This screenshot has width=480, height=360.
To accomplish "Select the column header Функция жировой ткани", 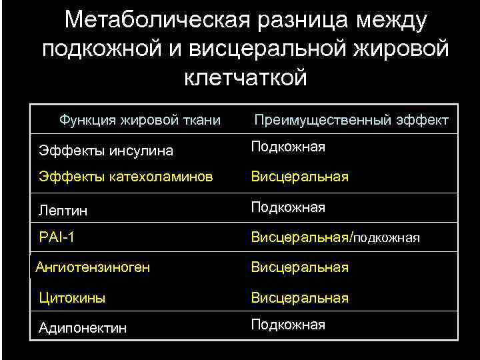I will pyautogui.click(x=140, y=120).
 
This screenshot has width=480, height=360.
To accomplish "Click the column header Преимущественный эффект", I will pyautogui.click(x=352, y=121).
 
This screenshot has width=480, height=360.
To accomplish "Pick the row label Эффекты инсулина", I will pyautogui.click(x=106, y=151).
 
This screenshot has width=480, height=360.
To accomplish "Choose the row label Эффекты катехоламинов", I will pyautogui.click(x=126, y=177).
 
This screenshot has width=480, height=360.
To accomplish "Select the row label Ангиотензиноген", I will pyautogui.click(x=93, y=267).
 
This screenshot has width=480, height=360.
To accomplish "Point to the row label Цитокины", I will pyautogui.click(x=72, y=298).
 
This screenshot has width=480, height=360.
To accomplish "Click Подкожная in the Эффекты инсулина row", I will pyautogui.click(x=288, y=147).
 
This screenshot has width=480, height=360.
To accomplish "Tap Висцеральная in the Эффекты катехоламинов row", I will pyautogui.click(x=299, y=177).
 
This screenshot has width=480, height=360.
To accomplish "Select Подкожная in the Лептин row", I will pyautogui.click(x=288, y=207).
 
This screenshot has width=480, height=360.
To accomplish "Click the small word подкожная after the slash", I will pyautogui.click(x=386, y=238).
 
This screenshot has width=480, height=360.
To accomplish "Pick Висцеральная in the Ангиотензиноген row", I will pyautogui.click(x=299, y=267).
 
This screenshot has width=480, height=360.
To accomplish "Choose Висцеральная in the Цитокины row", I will pyautogui.click(x=299, y=298).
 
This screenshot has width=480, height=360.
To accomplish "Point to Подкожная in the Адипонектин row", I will pyautogui.click(x=288, y=325).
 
